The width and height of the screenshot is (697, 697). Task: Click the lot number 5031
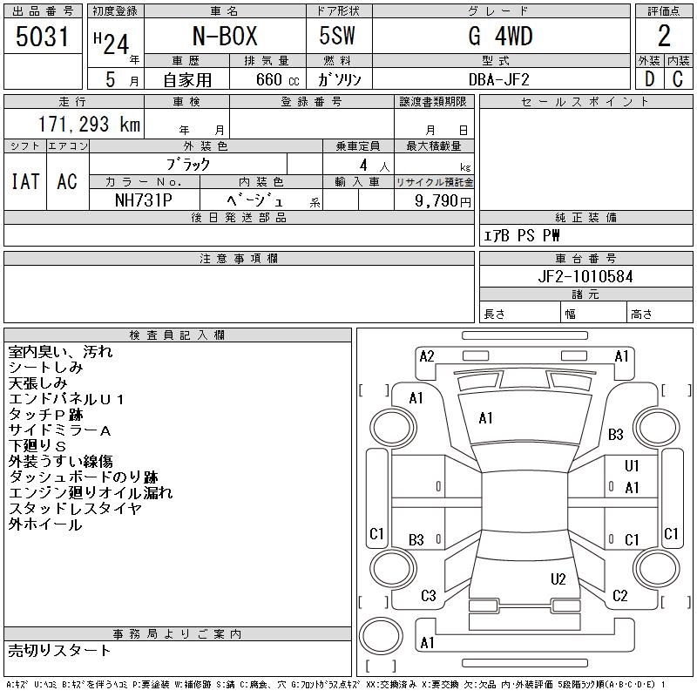44,37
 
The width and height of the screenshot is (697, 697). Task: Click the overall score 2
664,37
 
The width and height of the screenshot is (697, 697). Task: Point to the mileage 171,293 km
90,125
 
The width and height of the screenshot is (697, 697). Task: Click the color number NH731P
145,200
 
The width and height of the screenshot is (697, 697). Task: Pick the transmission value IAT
25,181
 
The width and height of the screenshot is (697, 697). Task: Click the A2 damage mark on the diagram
427,355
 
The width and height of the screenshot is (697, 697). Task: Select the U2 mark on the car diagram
558,579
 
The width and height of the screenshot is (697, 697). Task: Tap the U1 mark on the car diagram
632,466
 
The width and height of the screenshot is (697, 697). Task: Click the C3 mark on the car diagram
428,596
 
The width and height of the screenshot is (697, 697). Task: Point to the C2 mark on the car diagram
620,596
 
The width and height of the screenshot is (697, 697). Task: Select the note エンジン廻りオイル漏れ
91,493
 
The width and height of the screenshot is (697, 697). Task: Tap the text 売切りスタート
59,650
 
